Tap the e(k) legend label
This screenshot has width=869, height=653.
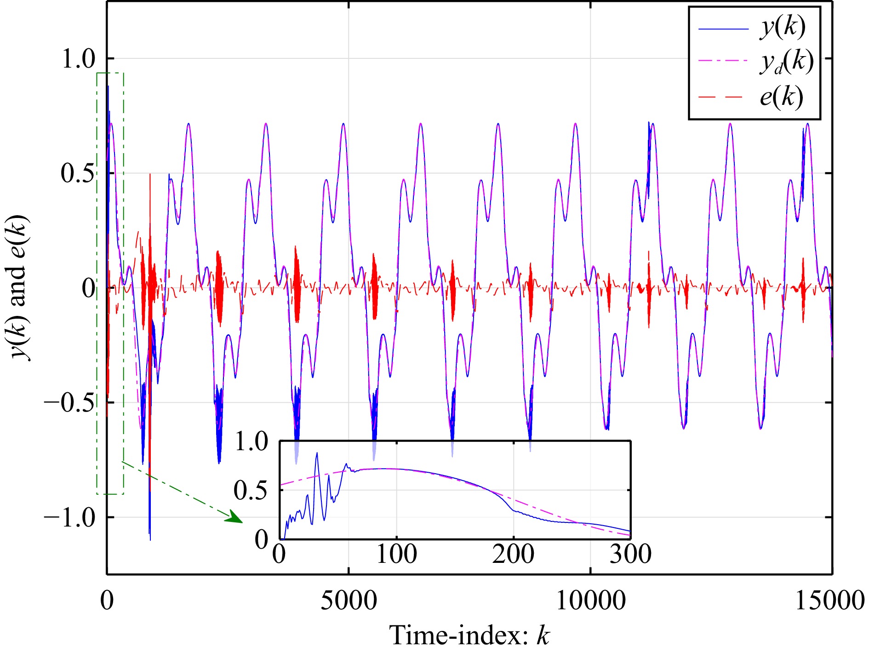[781, 97]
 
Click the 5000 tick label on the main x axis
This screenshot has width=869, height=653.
[349, 601]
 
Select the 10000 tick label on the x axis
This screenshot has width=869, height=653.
[591, 601]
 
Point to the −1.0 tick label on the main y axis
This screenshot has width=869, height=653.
[69, 518]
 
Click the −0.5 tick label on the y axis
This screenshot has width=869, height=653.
[69, 403]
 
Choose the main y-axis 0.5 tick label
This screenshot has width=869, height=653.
[78, 173]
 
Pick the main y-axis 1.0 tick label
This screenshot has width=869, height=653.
[78, 59]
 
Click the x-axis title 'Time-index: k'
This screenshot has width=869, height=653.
[469, 636]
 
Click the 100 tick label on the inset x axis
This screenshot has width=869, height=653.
[396, 554]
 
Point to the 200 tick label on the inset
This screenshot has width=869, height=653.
[513, 554]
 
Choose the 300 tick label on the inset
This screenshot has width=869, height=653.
[630, 554]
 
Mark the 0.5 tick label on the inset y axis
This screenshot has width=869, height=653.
[250, 490]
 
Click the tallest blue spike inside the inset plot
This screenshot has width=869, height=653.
[316, 453]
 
